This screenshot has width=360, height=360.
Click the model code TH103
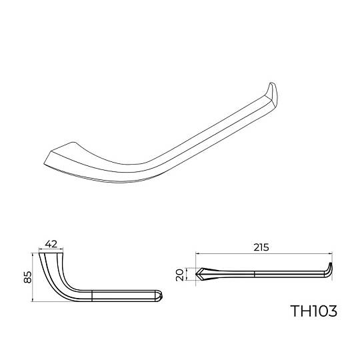(x=314, y=311)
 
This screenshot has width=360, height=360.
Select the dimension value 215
(x=261, y=247)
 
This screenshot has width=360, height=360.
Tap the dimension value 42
(x=51, y=244)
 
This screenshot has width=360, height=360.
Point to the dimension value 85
(x=28, y=277)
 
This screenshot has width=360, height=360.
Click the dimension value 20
(x=179, y=275)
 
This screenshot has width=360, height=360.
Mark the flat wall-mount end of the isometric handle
(x=59, y=154)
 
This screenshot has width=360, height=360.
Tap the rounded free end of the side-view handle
(x=159, y=296)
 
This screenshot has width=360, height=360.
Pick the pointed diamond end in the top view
(x=200, y=274)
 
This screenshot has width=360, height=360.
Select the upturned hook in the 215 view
(x=329, y=269)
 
